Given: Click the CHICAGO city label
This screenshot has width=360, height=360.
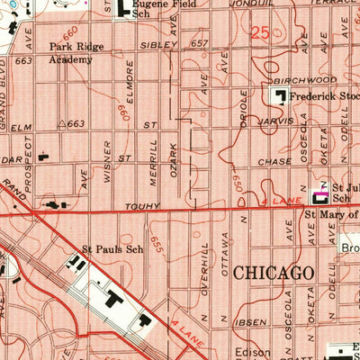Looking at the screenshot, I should point(274,273).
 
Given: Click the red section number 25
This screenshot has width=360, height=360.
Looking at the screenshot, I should point(261,34).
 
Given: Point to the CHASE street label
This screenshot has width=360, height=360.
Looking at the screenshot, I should point(275,162).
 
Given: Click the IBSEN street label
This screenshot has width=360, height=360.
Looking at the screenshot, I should point(253,321).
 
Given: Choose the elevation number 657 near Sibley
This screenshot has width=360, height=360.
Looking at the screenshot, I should point(199,43).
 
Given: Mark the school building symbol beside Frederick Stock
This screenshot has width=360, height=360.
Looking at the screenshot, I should point(280,95).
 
